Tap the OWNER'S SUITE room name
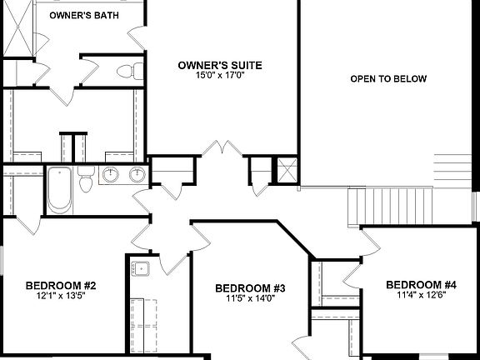(x=221, y=64)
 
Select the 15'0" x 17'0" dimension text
(x=221, y=74)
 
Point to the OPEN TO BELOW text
(x=388, y=79)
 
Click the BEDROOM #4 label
(x=421, y=284)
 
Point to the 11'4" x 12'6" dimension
(x=421, y=294)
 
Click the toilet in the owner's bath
(x=125, y=71)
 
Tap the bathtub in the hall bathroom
(x=59, y=190)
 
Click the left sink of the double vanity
(x=111, y=175)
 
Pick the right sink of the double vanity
(x=135, y=175)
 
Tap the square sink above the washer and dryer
(x=141, y=267)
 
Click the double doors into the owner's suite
(x=219, y=150)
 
